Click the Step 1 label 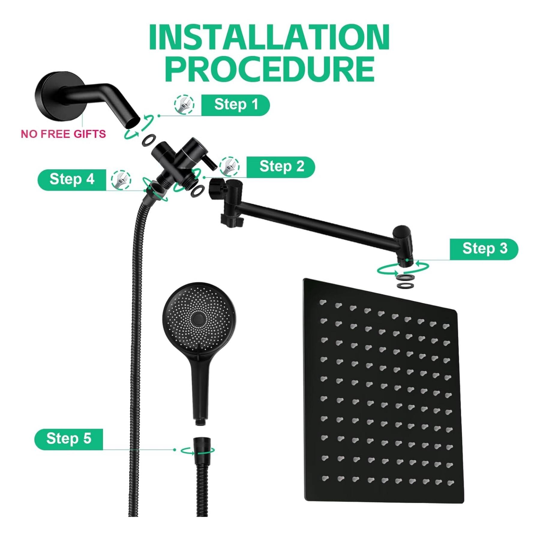[x=235, y=105]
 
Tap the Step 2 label [x=281, y=167]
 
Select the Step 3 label [x=484, y=249]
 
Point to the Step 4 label [x=72, y=180]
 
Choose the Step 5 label [x=69, y=439]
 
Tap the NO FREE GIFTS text [x=63, y=134]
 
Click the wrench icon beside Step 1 [x=184, y=104]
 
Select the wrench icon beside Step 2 [x=229, y=166]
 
